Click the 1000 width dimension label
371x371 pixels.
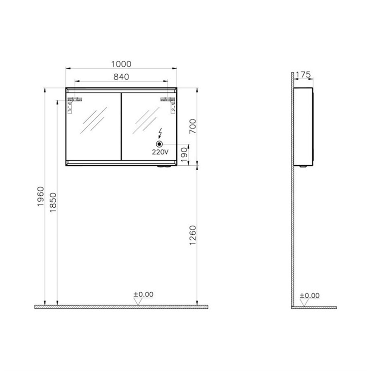[x=121, y=64]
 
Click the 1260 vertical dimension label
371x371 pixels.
[x=193, y=238]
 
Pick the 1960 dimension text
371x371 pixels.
[x=40, y=198]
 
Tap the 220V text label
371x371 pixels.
[x=160, y=152]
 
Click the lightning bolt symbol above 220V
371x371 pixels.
[x=160, y=134]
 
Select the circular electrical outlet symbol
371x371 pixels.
[x=160, y=143]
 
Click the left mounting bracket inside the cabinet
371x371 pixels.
[x=74, y=103]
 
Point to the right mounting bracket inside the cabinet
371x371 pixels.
[x=168, y=103]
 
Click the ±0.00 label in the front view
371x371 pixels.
[x=143, y=294]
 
